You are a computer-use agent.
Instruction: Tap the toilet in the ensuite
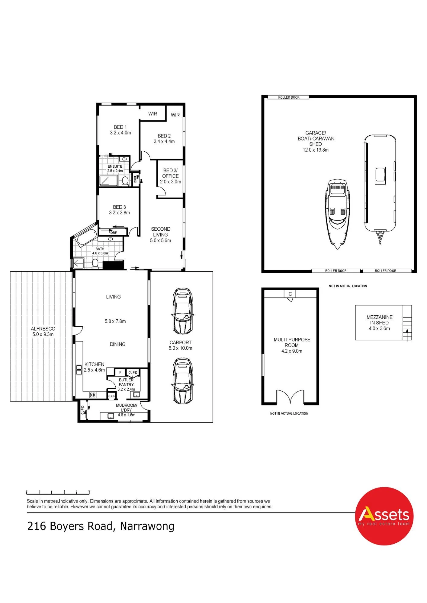[x=125, y=181]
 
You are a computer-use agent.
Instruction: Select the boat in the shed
[x=337, y=214]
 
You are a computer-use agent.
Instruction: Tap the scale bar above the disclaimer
[x=58, y=492]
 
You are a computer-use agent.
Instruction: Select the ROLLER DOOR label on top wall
[x=289, y=97]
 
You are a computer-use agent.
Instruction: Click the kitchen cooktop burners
[x=92, y=395]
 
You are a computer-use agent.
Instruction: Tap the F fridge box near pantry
[x=120, y=372]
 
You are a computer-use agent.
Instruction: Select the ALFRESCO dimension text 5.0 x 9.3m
[x=43, y=334]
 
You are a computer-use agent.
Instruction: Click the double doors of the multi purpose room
[x=290, y=397]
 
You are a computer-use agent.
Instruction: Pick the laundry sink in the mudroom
[x=111, y=416]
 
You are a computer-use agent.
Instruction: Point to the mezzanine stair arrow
[x=407, y=334]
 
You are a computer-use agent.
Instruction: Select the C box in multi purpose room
[x=290, y=294]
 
